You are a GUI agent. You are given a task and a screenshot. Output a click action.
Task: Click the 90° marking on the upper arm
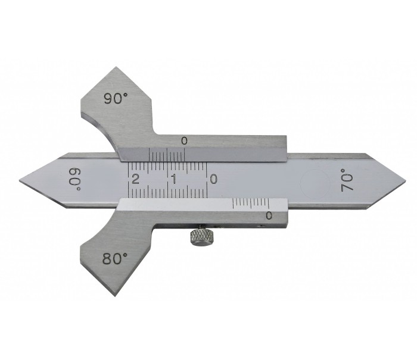coord(114,99)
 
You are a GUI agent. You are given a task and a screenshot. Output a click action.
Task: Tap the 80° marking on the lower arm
coord(115,259)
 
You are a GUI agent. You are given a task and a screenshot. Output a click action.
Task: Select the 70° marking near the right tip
coord(347,180)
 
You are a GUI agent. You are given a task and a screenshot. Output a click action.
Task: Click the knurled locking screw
coord(198,237)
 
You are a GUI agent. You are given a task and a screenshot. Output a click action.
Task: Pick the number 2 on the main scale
coord(136,179)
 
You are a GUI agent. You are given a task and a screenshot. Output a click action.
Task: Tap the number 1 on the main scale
coord(173,179)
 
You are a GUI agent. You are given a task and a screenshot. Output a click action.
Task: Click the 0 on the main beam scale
coord(213,179)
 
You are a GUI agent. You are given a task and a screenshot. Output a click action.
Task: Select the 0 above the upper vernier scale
coord(184,140)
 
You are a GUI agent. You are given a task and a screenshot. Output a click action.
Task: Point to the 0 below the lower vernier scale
coord(269,215)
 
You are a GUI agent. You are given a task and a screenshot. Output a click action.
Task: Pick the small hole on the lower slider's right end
coord(262,227)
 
